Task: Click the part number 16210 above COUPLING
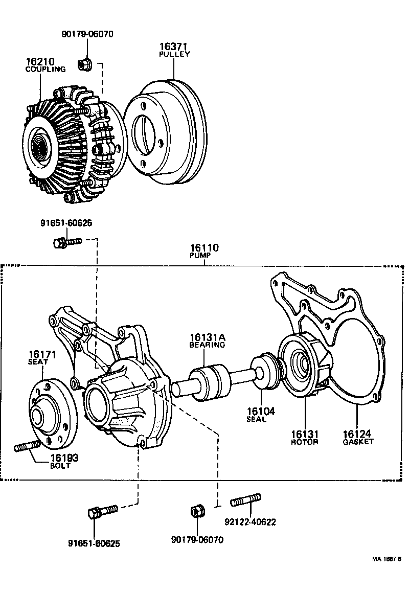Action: [x=40, y=61]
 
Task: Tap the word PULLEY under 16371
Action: [x=174, y=54]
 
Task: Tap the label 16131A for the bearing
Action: [x=208, y=337]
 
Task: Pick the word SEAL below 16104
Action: [x=256, y=420]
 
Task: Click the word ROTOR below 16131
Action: [x=304, y=442]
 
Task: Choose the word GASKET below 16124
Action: [x=358, y=441]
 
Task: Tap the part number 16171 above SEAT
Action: [x=42, y=354]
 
